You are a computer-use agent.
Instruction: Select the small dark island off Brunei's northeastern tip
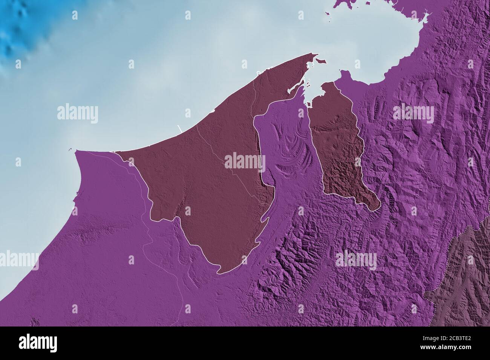[320, 61]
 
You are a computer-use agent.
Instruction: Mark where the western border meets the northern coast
[114, 152]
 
